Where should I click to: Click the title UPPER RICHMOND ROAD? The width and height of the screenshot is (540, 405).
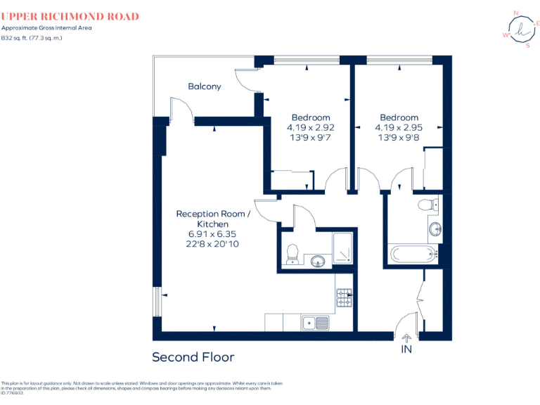click(x=70, y=16)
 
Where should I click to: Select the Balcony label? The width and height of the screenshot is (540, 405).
click(x=204, y=86)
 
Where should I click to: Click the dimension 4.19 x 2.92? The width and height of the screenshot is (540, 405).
click(x=310, y=128)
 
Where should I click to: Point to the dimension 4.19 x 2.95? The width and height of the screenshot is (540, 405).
click(x=399, y=128)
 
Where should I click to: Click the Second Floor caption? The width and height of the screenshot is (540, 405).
click(x=193, y=357)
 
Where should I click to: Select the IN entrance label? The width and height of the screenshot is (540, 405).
click(x=406, y=349)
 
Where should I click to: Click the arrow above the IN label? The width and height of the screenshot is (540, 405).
click(x=406, y=338)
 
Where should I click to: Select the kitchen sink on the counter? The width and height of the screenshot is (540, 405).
click(x=316, y=323)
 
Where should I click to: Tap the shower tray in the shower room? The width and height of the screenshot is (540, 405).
click(x=342, y=247)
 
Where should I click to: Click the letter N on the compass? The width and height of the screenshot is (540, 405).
click(x=517, y=13)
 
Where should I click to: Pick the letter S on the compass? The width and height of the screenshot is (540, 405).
click(x=528, y=46)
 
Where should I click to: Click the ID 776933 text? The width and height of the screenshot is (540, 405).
click(x=12, y=393)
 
